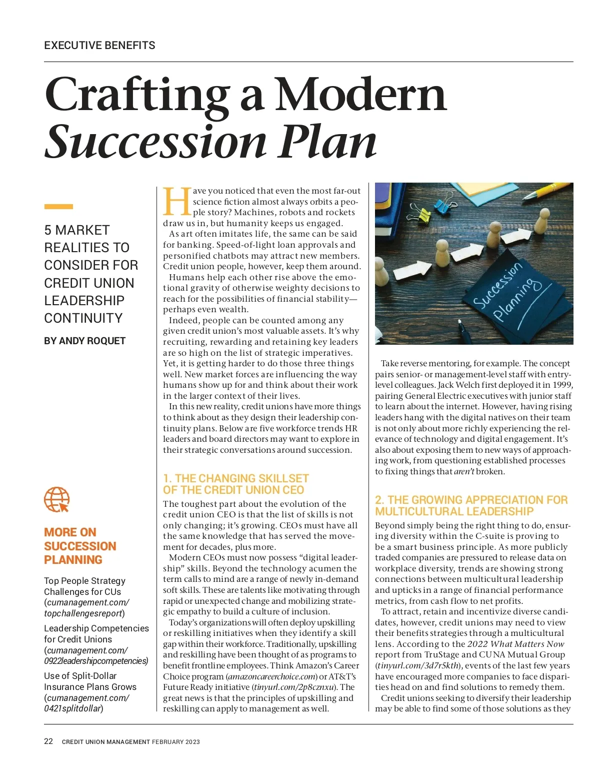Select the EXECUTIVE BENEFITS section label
[x=99, y=46]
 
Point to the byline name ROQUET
[x=106, y=341]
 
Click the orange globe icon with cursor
[x=57, y=499]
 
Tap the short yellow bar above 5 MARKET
[x=58, y=207]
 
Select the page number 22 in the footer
[x=48, y=741]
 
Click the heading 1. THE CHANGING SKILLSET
[x=235, y=478]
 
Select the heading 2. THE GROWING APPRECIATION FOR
[x=471, y=500]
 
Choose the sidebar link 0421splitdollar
[x=72, y=708]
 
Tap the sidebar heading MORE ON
[x=70, y=532]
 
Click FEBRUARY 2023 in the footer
[x=175, y=742]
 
